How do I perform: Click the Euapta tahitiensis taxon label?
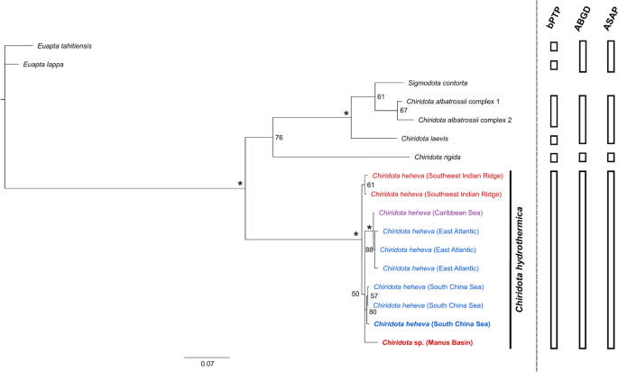pyautogui.click(x=69, y=45)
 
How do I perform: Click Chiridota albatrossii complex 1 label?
pyautogui.click(x=459, y=101)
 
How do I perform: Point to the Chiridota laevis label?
pyautogui.click(x=430, y=139)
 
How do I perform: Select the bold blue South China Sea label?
pyautogui.click(x=431, y=323)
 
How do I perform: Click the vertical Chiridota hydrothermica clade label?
pyautogui.click(x=522, y=258)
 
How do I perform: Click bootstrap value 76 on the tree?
pyautogui.click(x=280, y=138)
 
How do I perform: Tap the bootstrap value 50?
pyautogui.click(x=355, y=294)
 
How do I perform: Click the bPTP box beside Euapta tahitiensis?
pyautogui.click(x=555, y=45)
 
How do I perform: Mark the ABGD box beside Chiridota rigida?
pyautogui.click(x=584, y=158)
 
